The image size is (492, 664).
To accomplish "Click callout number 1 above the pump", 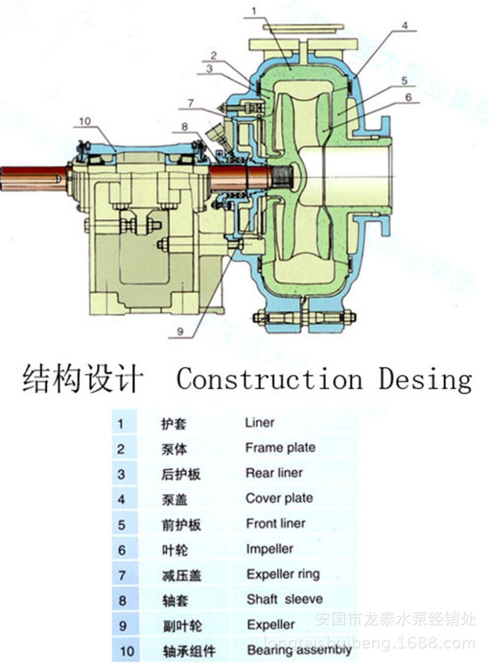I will pyautogui.click(x=254, y=10).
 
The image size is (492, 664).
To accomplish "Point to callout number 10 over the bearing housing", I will pyautogui.click(x=85, y=121).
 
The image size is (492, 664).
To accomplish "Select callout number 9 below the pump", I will pyautogui.click(x=180, y=331).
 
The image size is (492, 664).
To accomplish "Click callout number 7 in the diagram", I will pyautogui.click(x=191, y=102).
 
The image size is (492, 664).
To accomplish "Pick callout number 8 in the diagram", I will pyautogui.click(x=184, y=126).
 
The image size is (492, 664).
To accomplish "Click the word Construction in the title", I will pyautogui.click(x=269, y=379).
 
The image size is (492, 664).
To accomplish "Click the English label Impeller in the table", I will pyautogui.click(x=269, y=549).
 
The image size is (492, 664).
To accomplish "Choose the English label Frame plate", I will pyautogui.click(x=280, y=448).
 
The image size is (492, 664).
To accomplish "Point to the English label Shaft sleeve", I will pyautogui.click(x=284, y=600).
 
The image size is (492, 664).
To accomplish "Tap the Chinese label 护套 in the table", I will pyautogui.click(x=174, y=424).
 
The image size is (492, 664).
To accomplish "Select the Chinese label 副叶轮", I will pyautogui.click(x=182, y=626).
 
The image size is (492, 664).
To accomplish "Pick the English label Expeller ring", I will pyautogui.click(x=283, y=575).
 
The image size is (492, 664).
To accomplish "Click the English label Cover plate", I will pyautogui.click(x=279, y=499).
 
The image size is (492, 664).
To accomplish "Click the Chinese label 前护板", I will pyautogui.click(x=182, y=525).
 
